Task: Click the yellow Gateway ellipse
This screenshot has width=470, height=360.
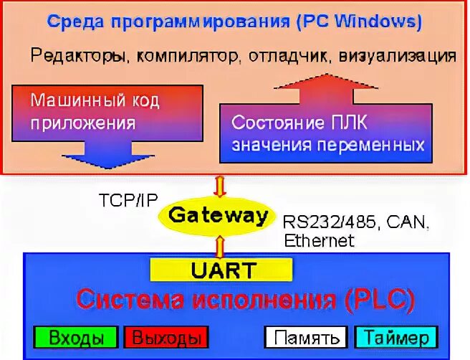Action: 219,215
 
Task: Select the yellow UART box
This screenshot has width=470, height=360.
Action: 221,269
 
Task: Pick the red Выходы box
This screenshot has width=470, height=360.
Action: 166,337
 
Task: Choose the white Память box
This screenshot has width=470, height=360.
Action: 306,337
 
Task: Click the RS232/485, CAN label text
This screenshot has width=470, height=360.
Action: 355,222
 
